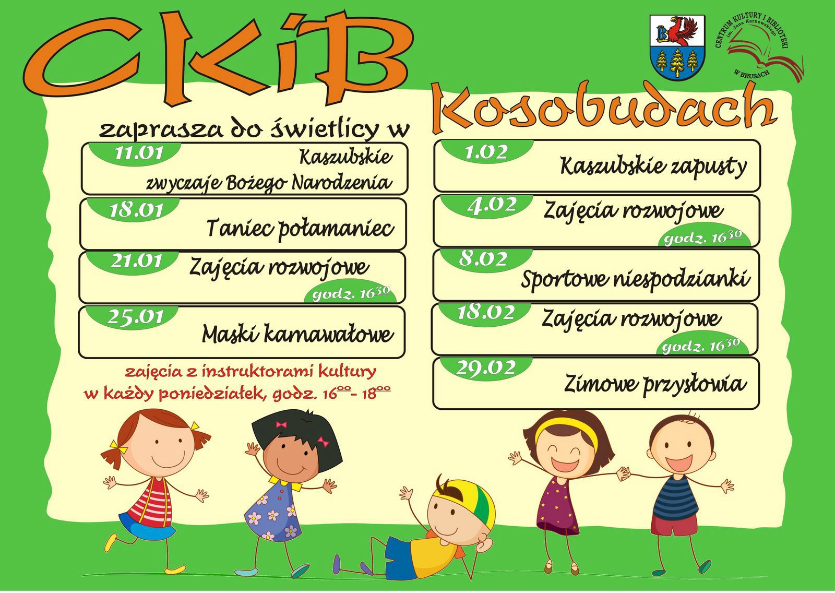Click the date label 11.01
(138, 153)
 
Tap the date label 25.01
(136, 317)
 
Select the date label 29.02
(485, 368)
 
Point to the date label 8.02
(483, 259)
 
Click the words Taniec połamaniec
(300, 228)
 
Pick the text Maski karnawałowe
(298, 333)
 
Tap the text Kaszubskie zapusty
(653, 167)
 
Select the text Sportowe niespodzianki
(636, 279)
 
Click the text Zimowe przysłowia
(655, 384)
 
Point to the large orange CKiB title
(218, 56)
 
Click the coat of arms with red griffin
(677, 48)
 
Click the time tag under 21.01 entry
(351, 294)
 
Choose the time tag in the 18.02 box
(701, 346)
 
